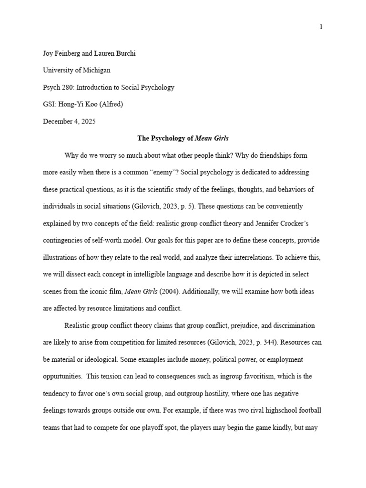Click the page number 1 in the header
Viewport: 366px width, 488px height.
pyautogui.click(x=321, y=27)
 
